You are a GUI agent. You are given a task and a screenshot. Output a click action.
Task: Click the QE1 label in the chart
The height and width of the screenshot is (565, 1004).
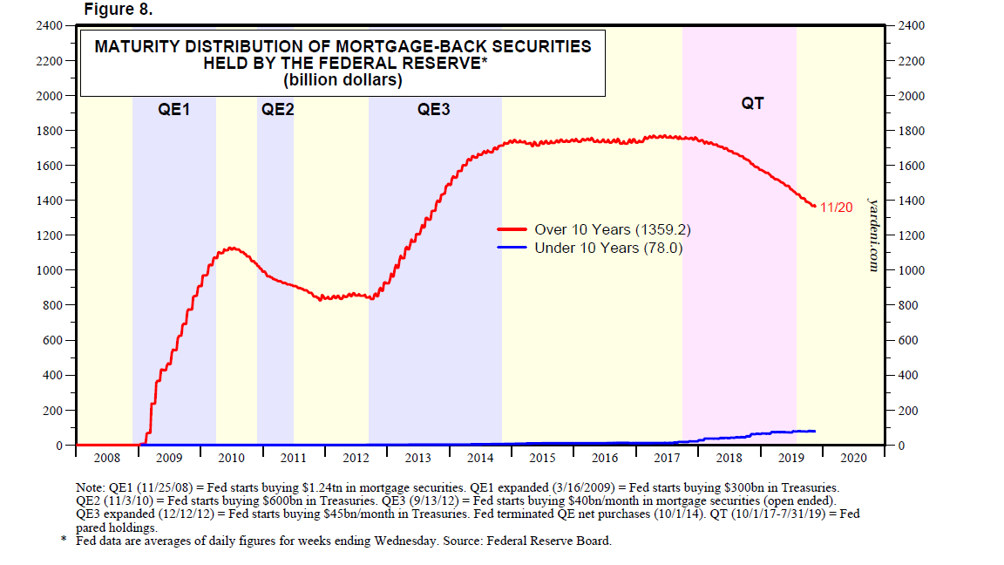[x=174, y=110]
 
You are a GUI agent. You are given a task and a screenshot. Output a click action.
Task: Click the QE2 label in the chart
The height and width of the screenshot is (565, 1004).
[x=277, y=110]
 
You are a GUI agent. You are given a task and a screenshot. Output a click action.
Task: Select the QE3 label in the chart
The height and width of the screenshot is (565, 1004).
[x=434, y=110]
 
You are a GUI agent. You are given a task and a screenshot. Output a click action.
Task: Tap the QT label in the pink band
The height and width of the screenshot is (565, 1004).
[x=752, y=104]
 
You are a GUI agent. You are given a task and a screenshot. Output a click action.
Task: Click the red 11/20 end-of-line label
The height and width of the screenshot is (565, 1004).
[x=836, y=208]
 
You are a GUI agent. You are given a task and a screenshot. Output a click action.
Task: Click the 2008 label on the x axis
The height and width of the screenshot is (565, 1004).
[x=106, y=458]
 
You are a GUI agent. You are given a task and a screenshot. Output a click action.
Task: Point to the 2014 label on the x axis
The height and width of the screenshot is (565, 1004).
[x=480, y=458]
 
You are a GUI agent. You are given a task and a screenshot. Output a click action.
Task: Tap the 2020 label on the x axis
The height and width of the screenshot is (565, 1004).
[x=853, y=458]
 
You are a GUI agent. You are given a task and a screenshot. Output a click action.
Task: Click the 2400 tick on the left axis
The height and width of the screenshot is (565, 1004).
[x=48, y=26]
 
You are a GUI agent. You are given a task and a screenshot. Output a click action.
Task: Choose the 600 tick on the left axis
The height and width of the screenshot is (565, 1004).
[x=51, y=340]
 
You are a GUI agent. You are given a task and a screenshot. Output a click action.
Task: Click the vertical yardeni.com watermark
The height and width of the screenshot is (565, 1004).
[x=873, y=234]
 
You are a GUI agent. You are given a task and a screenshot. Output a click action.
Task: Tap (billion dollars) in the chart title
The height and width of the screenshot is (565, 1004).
[x=343, y=80]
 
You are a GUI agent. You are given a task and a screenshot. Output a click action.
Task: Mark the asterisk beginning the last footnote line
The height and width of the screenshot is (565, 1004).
[x=62, y=540]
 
